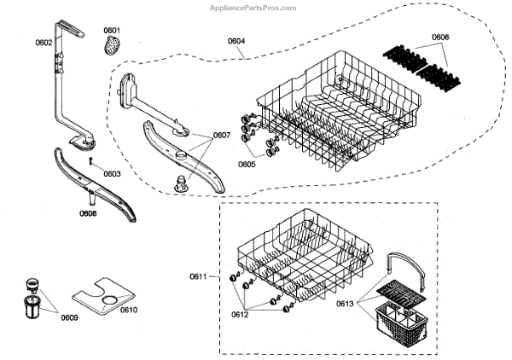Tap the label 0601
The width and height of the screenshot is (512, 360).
[x=113, y=30]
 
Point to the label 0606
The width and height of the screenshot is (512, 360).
[x=440, y=37]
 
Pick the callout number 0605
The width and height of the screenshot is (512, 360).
[x=247, y=164]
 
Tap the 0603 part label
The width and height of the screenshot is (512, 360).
[x=112, y=173]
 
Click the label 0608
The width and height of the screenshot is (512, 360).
[x=88, y=213]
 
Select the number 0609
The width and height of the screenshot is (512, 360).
[x=69, y=318]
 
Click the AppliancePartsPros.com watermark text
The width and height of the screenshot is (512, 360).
[x=253, y=7]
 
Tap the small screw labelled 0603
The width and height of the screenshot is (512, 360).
[x=91, y=160]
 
